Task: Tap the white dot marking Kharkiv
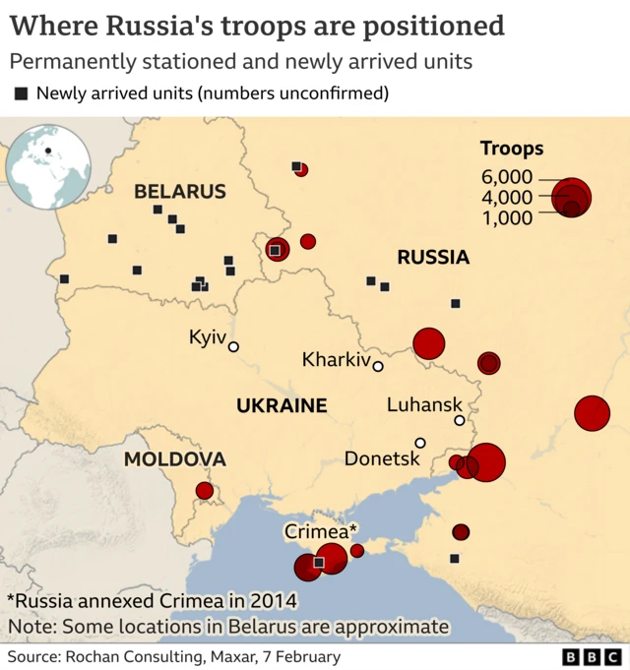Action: pyautogui.click(x=378, y=367)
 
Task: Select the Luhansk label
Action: pyautogui.click(x=424, y=404)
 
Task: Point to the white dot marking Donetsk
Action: pyautogui.click(x=420, y=443)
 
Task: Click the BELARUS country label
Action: pyautogui.click(x=180, y=192)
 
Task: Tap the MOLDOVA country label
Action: pyautogui.click(x=174, y=458)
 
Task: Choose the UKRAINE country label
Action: pyautogui.click(x=281, y=405)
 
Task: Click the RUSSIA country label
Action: pyautogui.click(x=433, y=258)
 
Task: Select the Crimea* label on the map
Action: pyautogui.click(x=321, y=531)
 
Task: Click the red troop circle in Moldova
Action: pyautogui.click(x=205, y=490)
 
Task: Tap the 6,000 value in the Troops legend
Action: pyautogui.click(x=507, y=177)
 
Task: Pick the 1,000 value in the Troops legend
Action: pyautogui.click(x=507, y=217)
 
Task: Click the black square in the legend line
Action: pyautogui.click(x=21, y=94)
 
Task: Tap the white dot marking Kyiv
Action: pyautogui.click(x=233, y=346)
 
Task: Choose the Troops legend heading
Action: pyautogui.click(x=512, y=149)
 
